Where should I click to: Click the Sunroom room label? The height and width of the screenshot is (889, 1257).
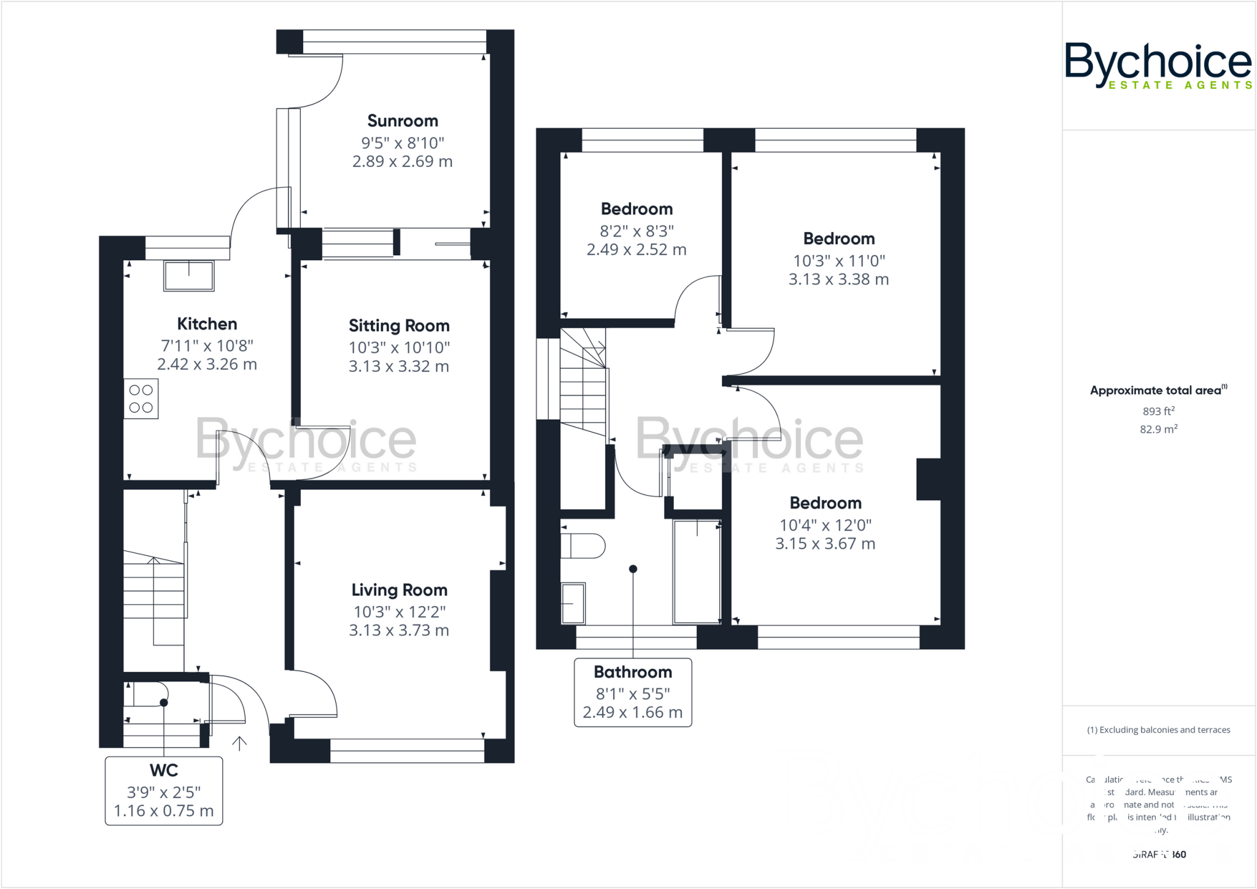(403, 121)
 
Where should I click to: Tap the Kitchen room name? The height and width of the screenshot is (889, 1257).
(207, 324)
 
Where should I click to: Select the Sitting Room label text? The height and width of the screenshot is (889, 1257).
(399, 326)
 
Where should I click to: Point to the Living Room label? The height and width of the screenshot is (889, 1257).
(399, 590)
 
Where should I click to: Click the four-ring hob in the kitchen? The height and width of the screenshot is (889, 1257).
(141, 399)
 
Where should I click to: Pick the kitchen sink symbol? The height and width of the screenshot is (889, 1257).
(188, 275)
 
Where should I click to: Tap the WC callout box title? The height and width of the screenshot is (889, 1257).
(164, 771)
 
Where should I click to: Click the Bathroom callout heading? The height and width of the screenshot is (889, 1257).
(633, 672)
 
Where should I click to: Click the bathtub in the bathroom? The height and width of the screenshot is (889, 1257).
(697, 572)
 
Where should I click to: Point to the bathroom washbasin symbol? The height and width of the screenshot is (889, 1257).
(573, 603)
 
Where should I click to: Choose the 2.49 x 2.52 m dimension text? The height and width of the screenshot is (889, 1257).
(636, 250)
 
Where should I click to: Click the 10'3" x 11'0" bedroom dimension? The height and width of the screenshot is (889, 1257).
(839, 261)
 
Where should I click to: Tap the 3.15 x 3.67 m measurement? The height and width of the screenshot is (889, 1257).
(825, 544)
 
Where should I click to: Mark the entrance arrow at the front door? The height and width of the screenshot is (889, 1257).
(239, 743)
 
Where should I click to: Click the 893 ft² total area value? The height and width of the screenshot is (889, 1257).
(1158, 411)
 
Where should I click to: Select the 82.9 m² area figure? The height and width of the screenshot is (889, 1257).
(1158, 429)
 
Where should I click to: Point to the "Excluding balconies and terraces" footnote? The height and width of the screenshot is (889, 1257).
(1158, 730)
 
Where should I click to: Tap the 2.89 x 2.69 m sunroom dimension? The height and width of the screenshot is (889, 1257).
(403, 161)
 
